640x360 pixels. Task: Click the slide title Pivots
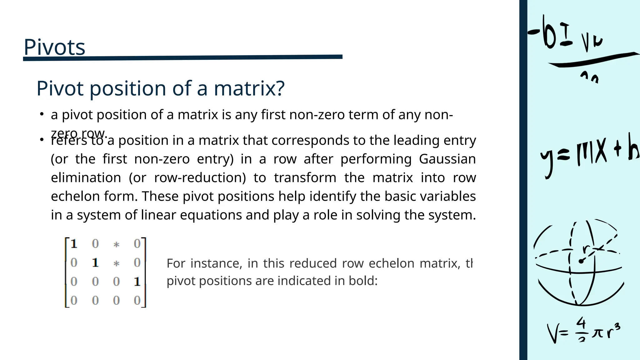click(54, 47)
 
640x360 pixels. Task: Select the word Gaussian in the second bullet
click(447, 159)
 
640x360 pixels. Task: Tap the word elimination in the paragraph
click(86, 178)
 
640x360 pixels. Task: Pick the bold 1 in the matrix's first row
click(74, 244)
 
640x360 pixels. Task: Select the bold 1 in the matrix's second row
click(95, 263)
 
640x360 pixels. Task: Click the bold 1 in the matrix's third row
click(137, 282)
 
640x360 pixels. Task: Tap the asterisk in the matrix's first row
click(116, 244)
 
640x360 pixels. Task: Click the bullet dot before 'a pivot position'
click(41, 114)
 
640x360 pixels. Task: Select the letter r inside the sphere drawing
click(586, 249)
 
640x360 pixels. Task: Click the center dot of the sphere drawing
click(581, 261)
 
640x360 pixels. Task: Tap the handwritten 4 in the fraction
click(581, 323)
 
